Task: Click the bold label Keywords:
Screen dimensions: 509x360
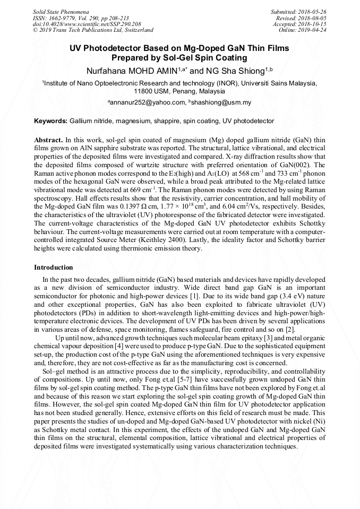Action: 50,121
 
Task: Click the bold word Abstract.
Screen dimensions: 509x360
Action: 48,139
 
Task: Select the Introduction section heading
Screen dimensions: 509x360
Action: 53,267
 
